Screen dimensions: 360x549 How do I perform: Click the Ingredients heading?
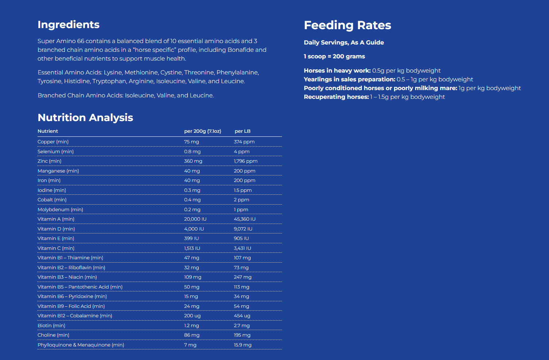(x=69, y=24)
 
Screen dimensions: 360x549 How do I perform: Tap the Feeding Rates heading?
(x=347, y=25)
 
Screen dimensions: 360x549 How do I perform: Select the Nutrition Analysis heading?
(x=85, y=117)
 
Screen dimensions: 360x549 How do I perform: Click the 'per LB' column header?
(x=243, y=131)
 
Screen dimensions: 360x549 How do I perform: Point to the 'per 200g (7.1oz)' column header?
(x=202, y=131)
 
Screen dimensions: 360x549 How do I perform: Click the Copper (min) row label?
(x=53, y=142)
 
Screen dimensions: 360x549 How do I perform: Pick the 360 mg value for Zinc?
(x=193, y=161)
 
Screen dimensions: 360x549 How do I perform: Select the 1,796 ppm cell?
(x=245, y=161)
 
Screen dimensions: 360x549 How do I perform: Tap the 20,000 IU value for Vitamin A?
(x=195, y=219)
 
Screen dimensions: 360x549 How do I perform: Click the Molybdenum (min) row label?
(x=60, y=210)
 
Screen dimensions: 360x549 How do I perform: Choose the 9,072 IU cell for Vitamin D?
(x=243, y=229)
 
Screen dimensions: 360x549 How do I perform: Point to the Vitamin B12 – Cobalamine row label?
(x=75, y=316)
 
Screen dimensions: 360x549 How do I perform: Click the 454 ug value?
(x=242, y=316)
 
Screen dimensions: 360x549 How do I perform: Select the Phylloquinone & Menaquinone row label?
(x=81, y=345)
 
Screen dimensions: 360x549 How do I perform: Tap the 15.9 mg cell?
(x=243, y=345)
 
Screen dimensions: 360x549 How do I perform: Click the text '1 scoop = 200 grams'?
(x=334, y=57)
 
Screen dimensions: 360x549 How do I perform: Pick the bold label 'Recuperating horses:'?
(x=336, y=97)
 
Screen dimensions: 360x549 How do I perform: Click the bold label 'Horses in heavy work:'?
(x=337, y=71)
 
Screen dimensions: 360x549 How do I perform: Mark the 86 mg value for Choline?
(x=192, y=335)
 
